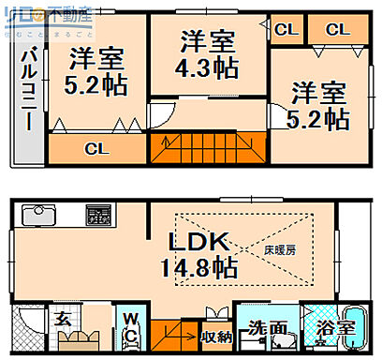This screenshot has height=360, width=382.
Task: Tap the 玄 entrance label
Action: [x=60, y=318]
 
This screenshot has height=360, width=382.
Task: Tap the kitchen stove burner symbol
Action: [x=97, y=214]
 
